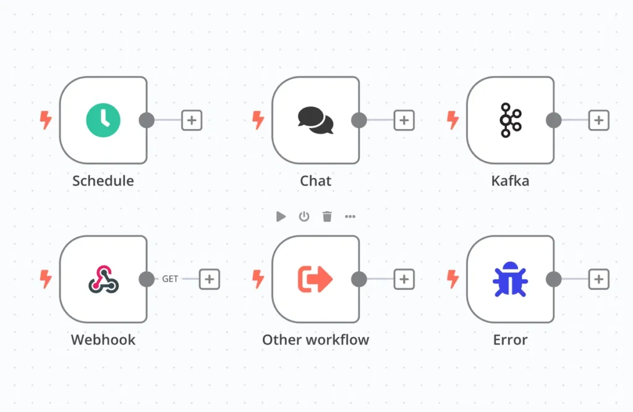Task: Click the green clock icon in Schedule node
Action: pyautogui.click(x=103, y=120)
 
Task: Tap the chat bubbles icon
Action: pyautogui.click(x=315, y=120)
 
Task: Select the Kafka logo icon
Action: pyautogui.click(x=511, y=120)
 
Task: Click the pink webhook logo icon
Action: pyautogui.click(x=103, y=279)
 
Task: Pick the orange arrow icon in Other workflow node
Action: pyautogui.click(x=315, y=279)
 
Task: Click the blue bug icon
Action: pyautogui.click(x=511, y=279)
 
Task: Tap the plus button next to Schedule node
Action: pyautogui.click(x=192, y=120)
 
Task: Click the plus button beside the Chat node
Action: pyautogui.click(x=404, y=120)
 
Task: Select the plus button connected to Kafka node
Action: pyautogui.click(x=598, y=120)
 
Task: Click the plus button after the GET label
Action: pyautogui.click(x=209, y=279)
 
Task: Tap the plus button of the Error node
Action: pyautogui.click(x=598, y=279)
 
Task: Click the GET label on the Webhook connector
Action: pyautogui.click(x=170, y=279)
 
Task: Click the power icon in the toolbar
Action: pyautogui.click(x=304, y=216)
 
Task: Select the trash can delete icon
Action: pyautogui.click(x=327, y=216)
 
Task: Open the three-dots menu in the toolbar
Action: pyautogui.click(x=350, y=216)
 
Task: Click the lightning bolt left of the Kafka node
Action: pyautogui.click(x=453, y=120)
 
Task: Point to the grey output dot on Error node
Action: pyautogui.click(x=554, y=279)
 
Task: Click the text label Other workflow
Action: pyautogui.click(x=315, y=340)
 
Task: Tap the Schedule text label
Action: pyautogui.click(x=103, y=181)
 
